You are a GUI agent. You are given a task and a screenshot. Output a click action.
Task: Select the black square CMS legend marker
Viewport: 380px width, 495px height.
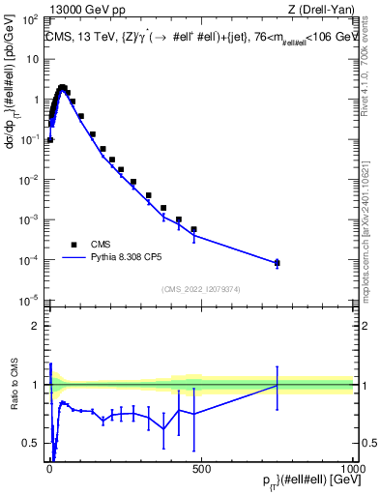coord(73,245)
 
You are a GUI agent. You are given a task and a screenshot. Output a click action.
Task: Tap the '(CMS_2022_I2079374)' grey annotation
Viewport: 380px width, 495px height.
coord(200,288)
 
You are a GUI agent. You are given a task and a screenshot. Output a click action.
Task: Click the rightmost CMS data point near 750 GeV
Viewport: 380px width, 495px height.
coord(277,262)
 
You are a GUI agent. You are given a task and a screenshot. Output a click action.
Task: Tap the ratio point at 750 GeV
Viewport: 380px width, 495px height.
coord(277,385)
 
